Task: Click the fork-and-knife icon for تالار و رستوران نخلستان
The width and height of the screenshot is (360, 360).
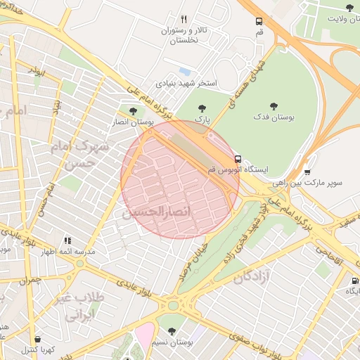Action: click(x=184, y=20)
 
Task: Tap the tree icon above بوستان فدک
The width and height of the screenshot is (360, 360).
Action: click(x=274, y=106)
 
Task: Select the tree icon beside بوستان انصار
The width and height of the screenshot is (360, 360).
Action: click(x=133, y=110)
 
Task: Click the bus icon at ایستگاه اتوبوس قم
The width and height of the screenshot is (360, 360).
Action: click(x=238, y=159)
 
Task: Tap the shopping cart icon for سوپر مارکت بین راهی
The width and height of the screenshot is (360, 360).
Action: click(x=307, y=172)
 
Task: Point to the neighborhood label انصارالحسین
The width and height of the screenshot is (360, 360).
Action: click(x=152, y=211)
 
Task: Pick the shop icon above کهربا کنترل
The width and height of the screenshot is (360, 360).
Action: click(x=37, y=339)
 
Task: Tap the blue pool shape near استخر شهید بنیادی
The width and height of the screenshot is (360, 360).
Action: click(x=184, y=72)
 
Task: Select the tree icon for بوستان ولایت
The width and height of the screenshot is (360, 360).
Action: click(x=349, y=8)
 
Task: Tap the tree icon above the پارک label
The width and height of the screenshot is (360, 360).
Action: click(x=202, y=108)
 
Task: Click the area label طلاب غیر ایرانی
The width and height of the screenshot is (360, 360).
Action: click(x=84, y=307)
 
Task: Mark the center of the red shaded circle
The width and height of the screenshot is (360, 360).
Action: click(x=180, y=179)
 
